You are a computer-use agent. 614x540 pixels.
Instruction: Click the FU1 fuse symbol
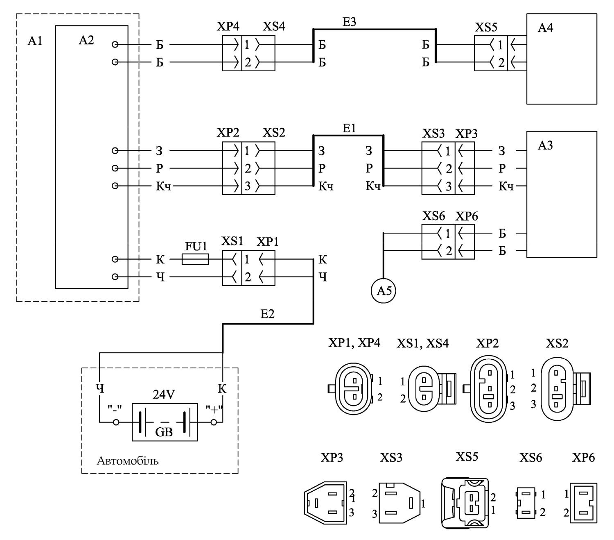tap(195, 259)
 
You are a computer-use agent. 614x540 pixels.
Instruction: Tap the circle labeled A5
tap(384, 290)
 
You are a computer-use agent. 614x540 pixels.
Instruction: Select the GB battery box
tap(165, 422)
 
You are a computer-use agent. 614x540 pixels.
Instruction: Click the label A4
tap(546, 28)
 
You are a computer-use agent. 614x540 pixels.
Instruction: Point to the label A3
tap(546, 145)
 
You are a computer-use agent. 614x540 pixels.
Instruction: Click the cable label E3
tap(349, 22)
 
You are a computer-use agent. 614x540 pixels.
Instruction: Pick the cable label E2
tap(267, 314)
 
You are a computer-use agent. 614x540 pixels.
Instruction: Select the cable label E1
tap(349, 128)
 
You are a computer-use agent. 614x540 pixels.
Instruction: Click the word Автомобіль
tap(128, 461)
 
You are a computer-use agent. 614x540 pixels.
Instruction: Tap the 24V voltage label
tap(164, 395)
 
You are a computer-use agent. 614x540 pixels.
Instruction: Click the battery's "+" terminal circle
tap(214, 422)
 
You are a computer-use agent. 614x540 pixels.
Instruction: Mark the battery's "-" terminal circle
tap(116, 422)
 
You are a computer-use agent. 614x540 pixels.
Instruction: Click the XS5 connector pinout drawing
tap(465, 503)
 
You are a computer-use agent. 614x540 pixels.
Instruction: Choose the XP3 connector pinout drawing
tap(326, 503)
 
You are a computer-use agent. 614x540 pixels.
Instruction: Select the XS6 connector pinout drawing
tap(526, 503)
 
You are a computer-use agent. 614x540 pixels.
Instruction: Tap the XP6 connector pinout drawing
tap(583, 503)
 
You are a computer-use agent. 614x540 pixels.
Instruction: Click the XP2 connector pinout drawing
tap(488, 389)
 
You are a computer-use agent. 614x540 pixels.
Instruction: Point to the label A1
tap(35, 41)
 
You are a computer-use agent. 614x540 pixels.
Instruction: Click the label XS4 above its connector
tap(274, 27)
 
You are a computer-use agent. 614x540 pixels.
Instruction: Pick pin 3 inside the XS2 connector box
tap(248, 186)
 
